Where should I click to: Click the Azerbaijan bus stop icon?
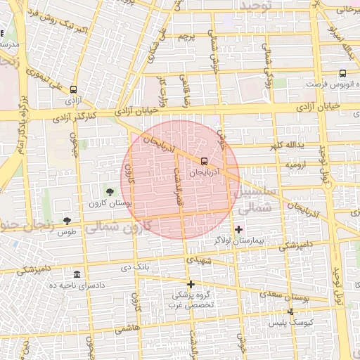204,160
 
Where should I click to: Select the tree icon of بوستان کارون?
109,191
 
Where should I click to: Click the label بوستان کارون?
109,203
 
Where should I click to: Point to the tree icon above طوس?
67,221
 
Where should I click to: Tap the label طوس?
67,232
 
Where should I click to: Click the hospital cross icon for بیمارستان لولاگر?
238,229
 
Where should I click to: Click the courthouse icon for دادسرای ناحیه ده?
76,274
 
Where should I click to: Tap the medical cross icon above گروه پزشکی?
191,283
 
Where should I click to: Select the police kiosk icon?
291,311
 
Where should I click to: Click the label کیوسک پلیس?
291,323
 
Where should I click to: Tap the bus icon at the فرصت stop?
342,73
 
